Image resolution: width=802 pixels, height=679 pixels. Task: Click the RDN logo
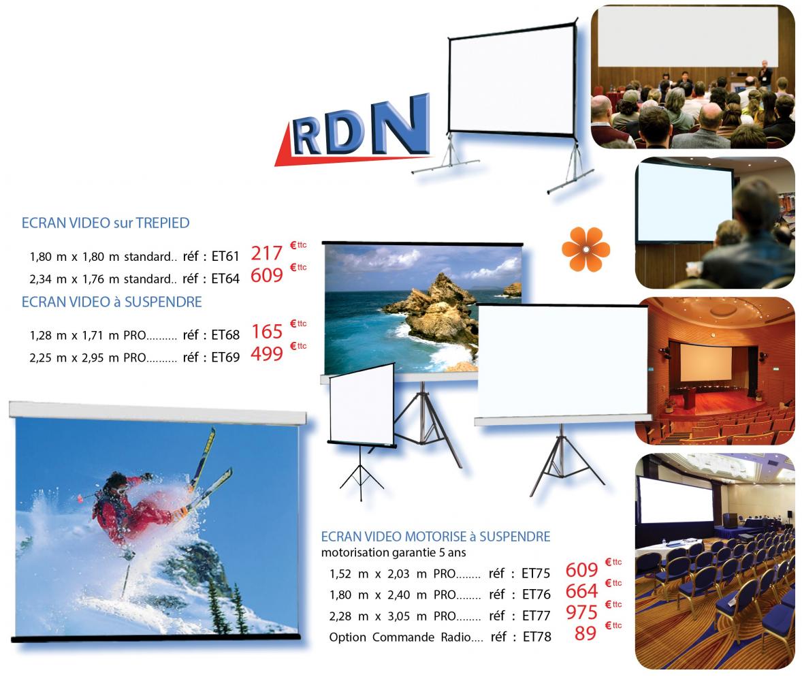tap(353, 131)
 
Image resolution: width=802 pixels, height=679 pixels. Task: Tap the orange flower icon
tap(586, 249)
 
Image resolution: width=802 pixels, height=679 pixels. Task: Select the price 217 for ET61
tap(266, 253)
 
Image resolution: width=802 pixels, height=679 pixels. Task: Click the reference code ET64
tap(225, 279)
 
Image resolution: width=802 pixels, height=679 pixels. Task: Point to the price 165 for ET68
tap(267, 332)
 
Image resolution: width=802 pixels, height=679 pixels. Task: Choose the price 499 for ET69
tap(266, 354)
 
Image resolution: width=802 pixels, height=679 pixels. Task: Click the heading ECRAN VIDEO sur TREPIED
tap(106, 223)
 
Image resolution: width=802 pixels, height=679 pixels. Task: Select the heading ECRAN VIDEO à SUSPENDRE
tap(112, 302)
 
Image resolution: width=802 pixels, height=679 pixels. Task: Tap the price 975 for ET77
tap(581, 612)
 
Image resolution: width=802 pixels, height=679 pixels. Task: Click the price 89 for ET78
tap(585, 633)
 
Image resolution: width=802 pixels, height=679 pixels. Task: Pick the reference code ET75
tap(536, 573)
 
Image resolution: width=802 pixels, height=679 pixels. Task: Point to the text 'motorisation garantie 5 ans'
tap(394, 552)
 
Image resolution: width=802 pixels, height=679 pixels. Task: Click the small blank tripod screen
tap(361, 405)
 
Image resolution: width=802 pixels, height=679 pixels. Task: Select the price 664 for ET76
tap(581, 592)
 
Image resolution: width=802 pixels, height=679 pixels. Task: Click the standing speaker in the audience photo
tap(765, 75)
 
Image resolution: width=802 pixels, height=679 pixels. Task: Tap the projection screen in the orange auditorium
tap(706, 362)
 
